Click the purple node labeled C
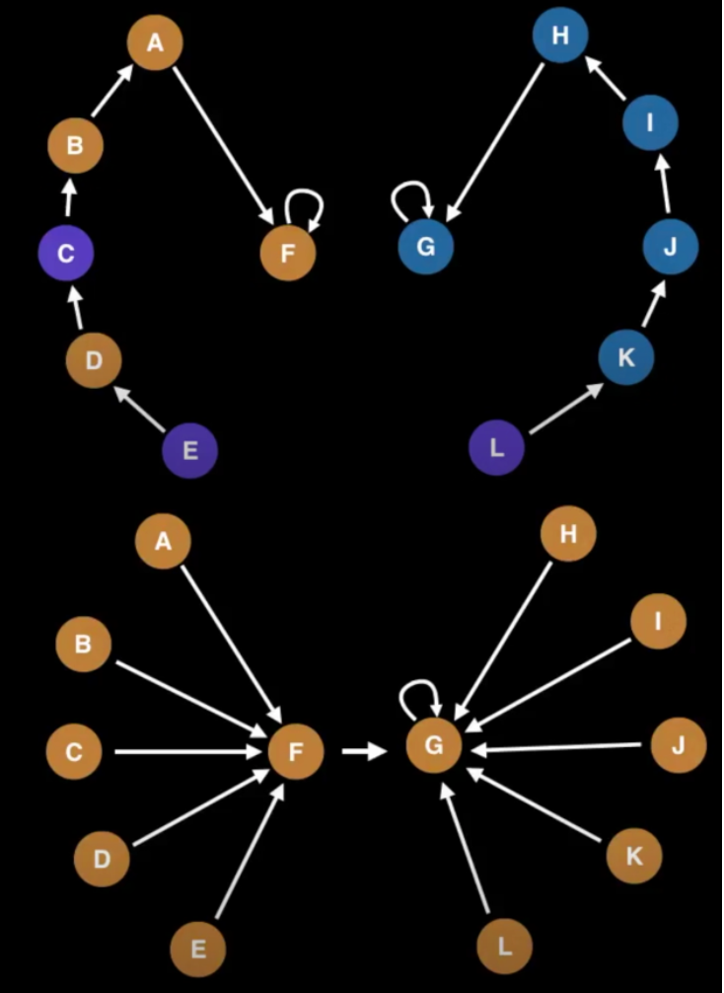click(x=65, y=254)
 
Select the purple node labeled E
click(x=189, y=451)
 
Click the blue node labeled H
click(x=560, y=38)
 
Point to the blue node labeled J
click(x=671, y=247)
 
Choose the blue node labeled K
click(x=626, y=357)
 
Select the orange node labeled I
click(x=658, y=621)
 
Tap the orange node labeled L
click(x=504, y=948)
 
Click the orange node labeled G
click(x=434, y=746)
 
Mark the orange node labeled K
click(x=634, y=856)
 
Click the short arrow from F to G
click(x=364, y=752)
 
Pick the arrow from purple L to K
click(x=565, y=409)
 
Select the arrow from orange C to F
click(x=187, y=752)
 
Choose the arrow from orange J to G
click(x=562, y=748)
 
